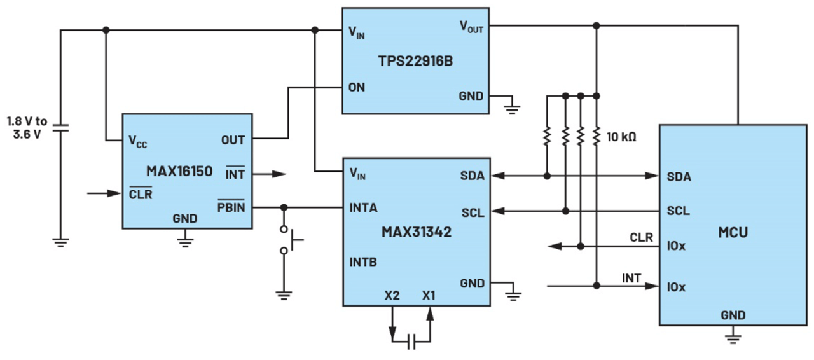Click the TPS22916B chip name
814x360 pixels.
(415, 62)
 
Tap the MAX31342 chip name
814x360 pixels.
(417, 232)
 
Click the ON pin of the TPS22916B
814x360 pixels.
(357, 87)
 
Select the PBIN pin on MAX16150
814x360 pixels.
(232, 207)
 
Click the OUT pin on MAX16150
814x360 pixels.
(233, 140)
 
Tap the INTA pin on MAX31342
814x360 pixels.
(363, 207)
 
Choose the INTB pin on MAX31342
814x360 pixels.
(363, 261)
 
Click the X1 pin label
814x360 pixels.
(429, 296)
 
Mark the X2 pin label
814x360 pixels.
(392, 296)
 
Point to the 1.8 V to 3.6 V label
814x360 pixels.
(27, 127)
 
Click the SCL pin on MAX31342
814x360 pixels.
(473, 212)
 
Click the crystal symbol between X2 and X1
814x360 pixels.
(411, 342)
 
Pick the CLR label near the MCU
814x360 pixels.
(641, 238)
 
